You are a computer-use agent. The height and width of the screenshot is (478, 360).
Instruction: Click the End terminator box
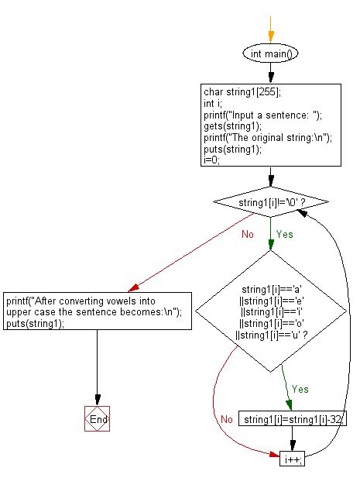point(97,418)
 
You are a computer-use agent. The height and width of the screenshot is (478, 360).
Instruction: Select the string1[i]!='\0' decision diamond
point(270,203)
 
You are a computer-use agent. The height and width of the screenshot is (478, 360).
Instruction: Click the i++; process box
point(293,459)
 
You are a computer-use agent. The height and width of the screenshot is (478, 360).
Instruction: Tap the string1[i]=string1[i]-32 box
point(293,419)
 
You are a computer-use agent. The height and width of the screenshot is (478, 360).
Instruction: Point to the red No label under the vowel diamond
point(226,419)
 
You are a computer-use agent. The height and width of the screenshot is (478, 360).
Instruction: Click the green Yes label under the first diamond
point(285,233)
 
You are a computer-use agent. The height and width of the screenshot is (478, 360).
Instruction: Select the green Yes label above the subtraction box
point(300,389)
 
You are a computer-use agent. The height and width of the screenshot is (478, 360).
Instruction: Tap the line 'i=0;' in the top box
point(211,160)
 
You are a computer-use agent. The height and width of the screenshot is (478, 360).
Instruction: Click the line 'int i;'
point(213,102)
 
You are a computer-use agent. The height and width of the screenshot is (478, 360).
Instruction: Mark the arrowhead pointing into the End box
point(97,401)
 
